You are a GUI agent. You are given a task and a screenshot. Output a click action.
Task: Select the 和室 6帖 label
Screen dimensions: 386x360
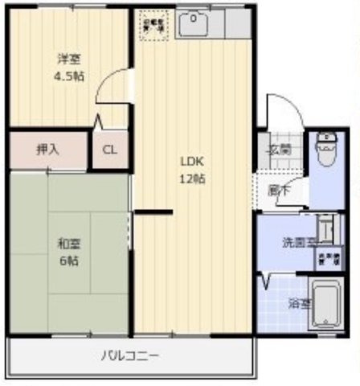(x=67, y=251)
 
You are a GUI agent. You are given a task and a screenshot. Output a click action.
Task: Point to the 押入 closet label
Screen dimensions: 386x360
(x=47, y=149)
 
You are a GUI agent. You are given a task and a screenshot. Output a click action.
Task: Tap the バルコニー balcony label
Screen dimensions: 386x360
(x=130, y=355)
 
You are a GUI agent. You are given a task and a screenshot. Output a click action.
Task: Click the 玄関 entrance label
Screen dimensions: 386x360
(x=279, y=149)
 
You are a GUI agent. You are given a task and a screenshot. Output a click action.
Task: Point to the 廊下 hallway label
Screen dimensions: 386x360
(x=278, y=191)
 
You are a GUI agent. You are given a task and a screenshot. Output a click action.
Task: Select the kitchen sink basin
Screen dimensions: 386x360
(x=193, y=26)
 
